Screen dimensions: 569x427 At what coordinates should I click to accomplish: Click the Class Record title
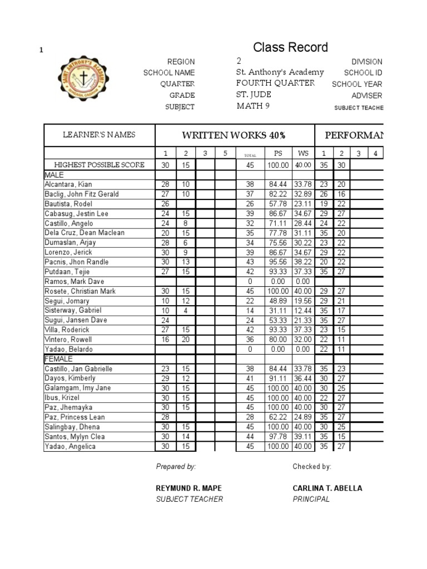290,47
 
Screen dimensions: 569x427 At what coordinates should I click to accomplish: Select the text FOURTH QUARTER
275,83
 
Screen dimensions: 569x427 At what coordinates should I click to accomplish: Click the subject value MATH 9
253,106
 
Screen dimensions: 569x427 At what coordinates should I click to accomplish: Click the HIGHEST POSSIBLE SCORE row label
99,165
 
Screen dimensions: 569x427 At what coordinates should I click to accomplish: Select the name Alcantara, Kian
68,184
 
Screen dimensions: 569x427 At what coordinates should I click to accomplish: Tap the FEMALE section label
58,359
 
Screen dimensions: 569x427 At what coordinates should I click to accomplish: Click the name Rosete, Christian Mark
81,291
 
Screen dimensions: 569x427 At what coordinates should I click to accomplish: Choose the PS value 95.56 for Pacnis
278,262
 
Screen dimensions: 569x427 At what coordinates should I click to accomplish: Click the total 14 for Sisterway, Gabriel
250,311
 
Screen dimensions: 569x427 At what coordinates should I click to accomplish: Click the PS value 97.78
278,437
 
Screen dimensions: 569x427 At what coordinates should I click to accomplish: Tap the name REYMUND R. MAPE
184,488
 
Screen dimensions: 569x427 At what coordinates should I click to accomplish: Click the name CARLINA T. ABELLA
327,488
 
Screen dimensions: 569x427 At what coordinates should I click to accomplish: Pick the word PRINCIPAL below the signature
311,499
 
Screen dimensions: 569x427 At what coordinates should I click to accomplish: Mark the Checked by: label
312,467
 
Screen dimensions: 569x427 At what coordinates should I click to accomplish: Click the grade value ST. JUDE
254,95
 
